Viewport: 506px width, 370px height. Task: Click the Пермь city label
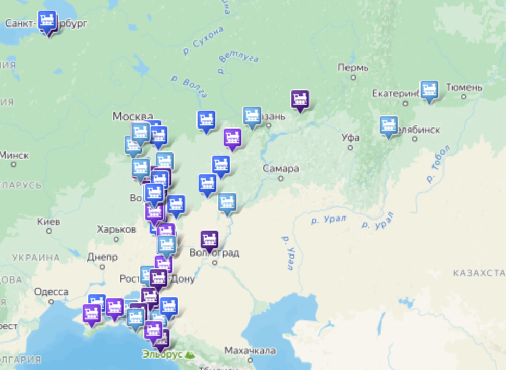tap(353, 68)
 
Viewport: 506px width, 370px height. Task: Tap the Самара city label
tap(281, 169)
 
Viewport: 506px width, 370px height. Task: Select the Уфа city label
tap(350, 138)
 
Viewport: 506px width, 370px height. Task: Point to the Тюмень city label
tap(463, 88)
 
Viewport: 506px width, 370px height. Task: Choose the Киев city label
tap(48, 222)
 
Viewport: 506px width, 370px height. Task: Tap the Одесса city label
tap(51, 292)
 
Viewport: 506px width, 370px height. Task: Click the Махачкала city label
tap(250, 351)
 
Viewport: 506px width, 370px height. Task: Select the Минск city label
tap(14, 155)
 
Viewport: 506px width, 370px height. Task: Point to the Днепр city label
tap(102, 257)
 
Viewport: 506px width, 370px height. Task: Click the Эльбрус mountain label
tap(163, 354)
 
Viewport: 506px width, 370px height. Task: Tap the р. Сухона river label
tap(203, 40)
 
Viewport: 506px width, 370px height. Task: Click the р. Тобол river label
tap(437, 164)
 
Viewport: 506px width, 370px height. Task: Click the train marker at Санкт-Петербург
tap(48, 21)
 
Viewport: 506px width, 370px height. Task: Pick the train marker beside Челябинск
tap(388, 125)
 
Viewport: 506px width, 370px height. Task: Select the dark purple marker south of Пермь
tap(300, 99)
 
